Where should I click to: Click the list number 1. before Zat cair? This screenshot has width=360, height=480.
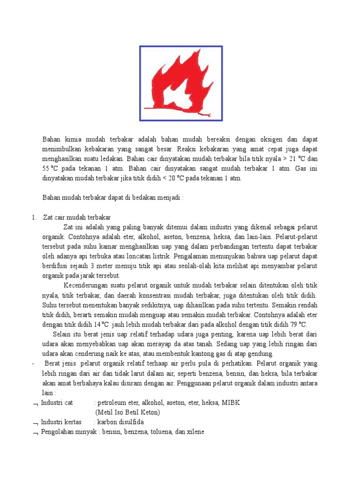point(34,217)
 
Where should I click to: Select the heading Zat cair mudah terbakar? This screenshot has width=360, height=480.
point(77,217)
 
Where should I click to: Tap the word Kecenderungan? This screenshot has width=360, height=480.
point(84,285)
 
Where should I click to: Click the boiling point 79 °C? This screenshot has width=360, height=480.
point(297,324)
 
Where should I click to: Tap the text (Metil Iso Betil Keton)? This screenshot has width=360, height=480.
point(127,412)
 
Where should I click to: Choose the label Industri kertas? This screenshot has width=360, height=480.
point(61,422)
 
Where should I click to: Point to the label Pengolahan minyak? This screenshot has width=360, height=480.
point(68,432)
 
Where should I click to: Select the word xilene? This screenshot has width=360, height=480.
point(195,432)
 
